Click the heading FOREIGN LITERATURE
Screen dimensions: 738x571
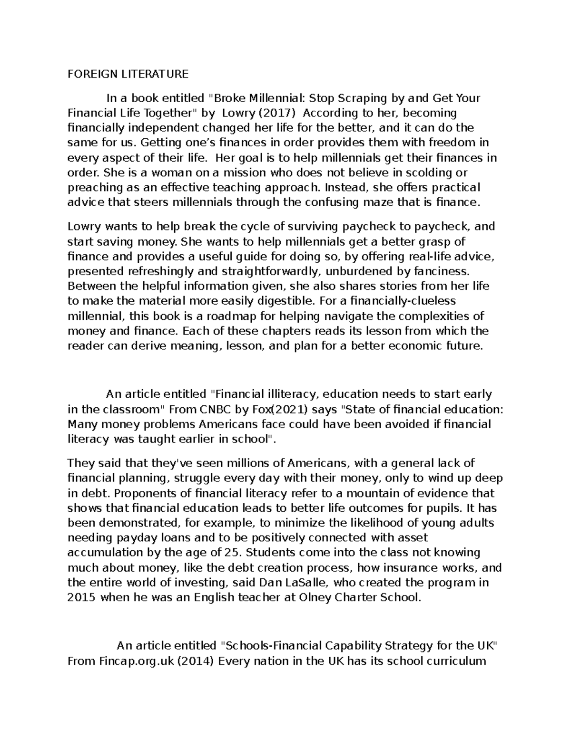click(128, 74)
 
